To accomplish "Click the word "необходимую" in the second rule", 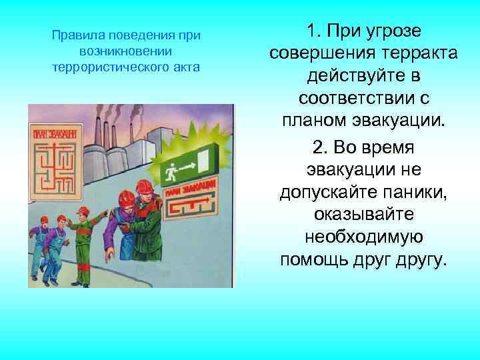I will click(x=363, y=237).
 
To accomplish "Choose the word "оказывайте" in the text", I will click(x=363, y=215).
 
